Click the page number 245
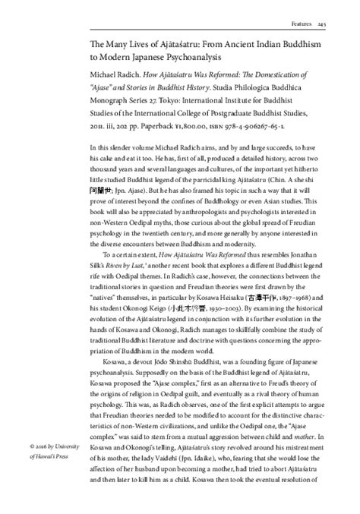[x=343, y=24]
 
